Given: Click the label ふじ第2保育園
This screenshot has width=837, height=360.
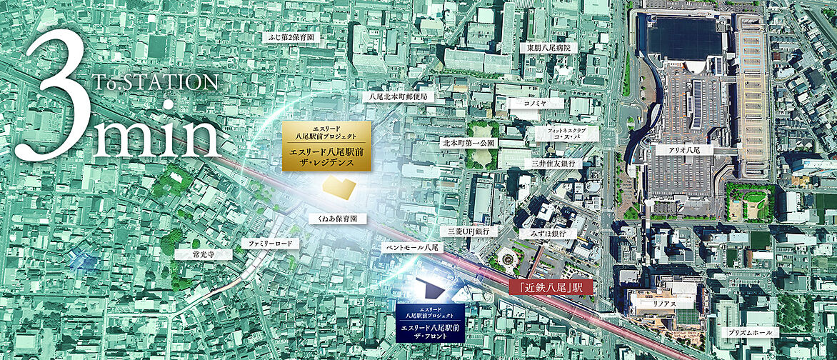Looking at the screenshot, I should pos(291,36).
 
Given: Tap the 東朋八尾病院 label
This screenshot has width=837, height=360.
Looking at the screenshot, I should pos(550,48).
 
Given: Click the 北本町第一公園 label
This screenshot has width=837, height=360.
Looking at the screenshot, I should pos(467,143).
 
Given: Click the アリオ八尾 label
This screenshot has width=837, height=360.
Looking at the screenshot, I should pos(684,151).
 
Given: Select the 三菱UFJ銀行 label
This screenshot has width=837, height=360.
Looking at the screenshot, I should pos(468,231).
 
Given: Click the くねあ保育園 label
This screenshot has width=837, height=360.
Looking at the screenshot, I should pos(337,219).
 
